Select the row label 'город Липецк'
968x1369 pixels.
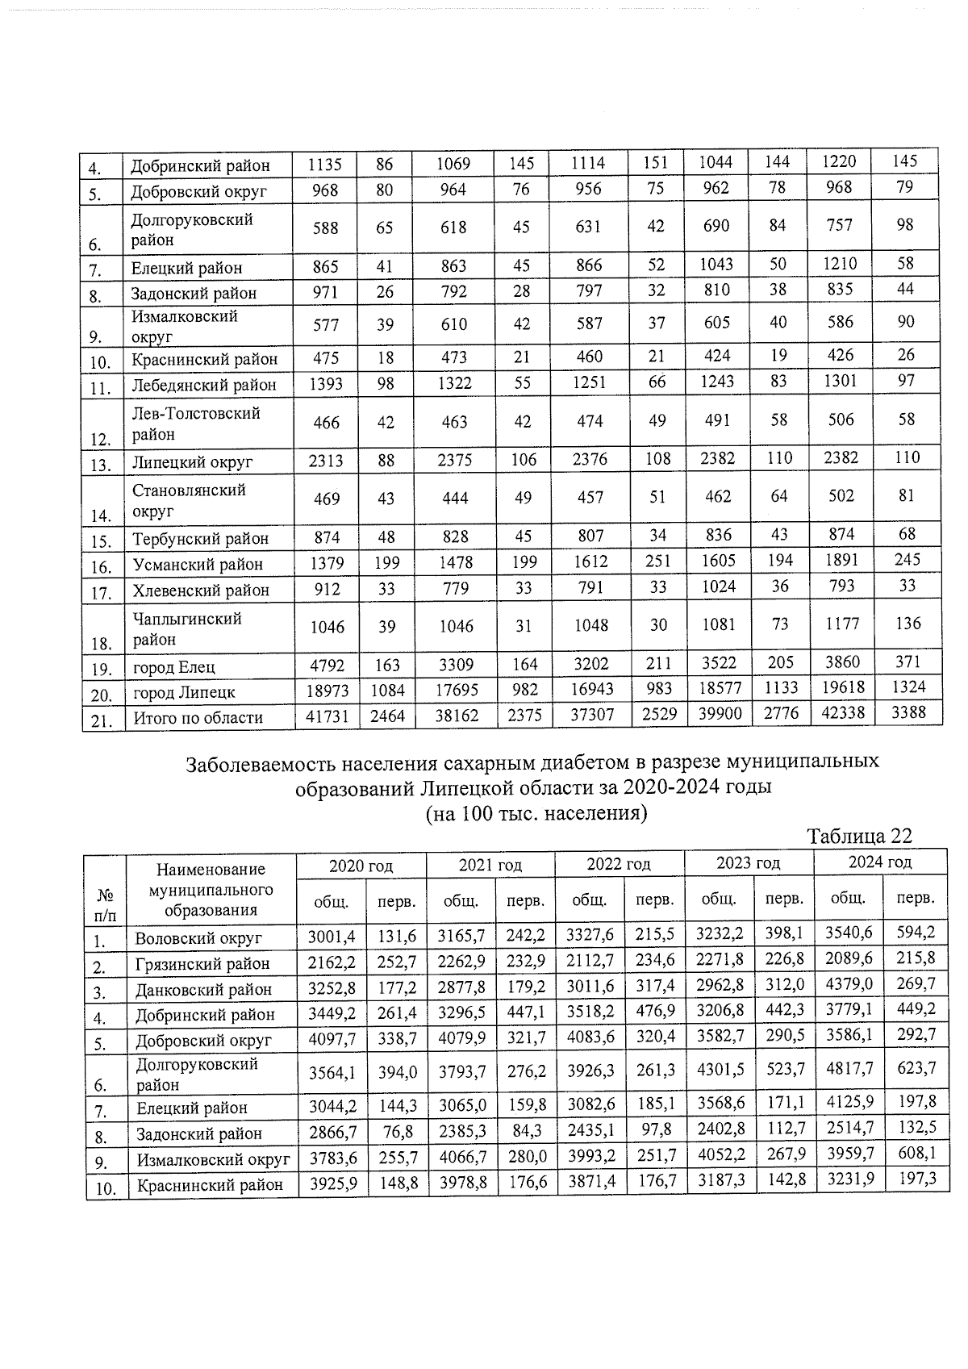(184, 692)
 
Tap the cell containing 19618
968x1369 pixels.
(840, 687)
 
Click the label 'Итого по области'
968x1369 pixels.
(198, 717)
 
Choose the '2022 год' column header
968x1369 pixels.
(618, 864)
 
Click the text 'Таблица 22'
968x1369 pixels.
(860, 837)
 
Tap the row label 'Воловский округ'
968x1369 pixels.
(198, 938)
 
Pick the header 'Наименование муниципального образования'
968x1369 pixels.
(211, 889)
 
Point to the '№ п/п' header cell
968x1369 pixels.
(106, 904)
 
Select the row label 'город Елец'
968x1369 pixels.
(174, 667)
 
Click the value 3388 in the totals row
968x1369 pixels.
(906, 712)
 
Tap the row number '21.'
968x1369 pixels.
(101, 721)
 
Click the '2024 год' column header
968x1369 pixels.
(879, 862)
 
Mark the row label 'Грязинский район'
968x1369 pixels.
(202, 963)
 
